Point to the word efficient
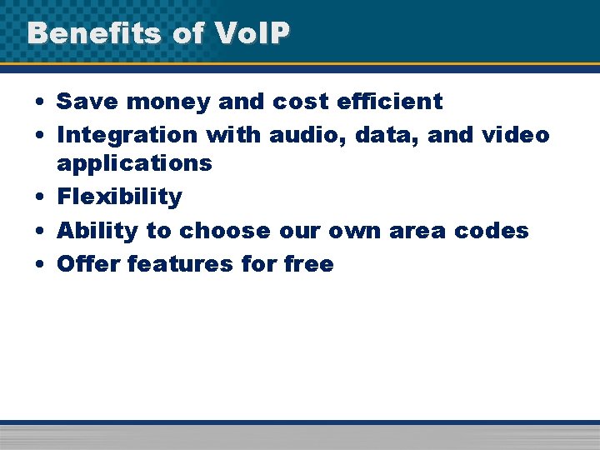tap(390, 102)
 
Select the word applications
tap(134, 163)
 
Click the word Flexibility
tap(119, 197)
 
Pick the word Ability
tap(97, 230)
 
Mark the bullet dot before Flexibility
tap(40, 197)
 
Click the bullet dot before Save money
tap(40, 102)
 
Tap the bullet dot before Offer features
tap(40, 264)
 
